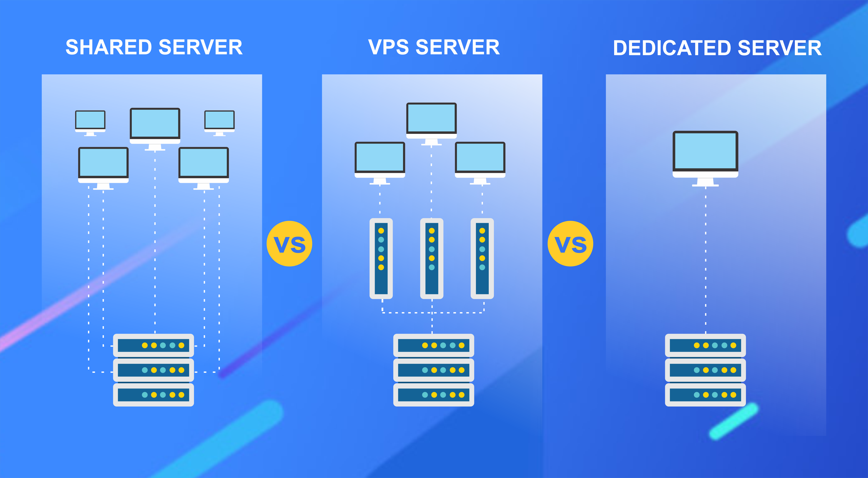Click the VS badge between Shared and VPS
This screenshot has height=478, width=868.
tap(289, 244)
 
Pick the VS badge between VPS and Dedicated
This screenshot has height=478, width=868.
tap(571, 244)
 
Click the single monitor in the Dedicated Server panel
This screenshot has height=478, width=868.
tap(705, 158)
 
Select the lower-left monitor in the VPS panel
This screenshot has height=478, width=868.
tap(380, 163)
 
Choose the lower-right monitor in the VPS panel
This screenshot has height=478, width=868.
tap(480, 163)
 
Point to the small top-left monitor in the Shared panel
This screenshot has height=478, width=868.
tap(90, 123)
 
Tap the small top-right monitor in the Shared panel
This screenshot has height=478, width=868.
tap(219, 123)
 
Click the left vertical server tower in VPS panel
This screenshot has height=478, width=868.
tap(381, 258)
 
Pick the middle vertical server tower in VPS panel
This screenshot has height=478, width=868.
tap(432, 258)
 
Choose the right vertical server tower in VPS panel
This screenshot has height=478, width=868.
tap(482, 258)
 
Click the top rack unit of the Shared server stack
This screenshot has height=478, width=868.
tap(153, 345)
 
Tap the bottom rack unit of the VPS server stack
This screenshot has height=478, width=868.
tap(434, 395)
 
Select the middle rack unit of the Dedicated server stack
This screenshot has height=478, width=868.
tap(705, 370)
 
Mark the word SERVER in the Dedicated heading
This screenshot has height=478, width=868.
tap(780, 48)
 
